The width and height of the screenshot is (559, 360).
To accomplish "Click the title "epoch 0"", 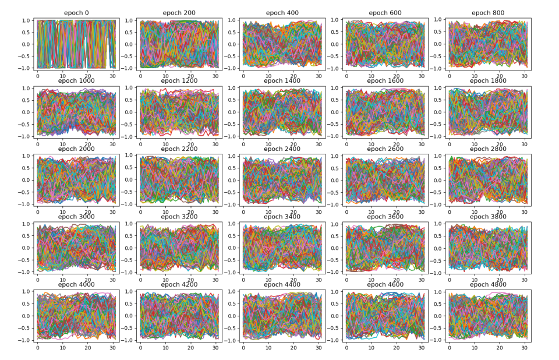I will point(77,13).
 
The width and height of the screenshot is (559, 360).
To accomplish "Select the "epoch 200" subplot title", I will point(179,13).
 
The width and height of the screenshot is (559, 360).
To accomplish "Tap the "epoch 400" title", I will point(282,13).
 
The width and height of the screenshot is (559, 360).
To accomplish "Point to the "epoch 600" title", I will point(385,13).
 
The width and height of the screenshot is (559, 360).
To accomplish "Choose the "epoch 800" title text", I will point(487,13).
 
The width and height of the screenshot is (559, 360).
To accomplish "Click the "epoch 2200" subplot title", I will point(179,149).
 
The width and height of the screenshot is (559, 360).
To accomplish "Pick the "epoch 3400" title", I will point(282,217).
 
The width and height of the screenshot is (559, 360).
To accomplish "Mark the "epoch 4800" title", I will point(487,285).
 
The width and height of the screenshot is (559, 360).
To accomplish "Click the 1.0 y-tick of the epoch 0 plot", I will point(27,20).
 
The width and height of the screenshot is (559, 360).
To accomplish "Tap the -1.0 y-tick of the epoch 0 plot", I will point(25,68).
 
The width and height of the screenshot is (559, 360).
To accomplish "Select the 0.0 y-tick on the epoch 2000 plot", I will point(27,180).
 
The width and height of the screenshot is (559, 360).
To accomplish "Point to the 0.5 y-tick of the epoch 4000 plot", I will point(27,304).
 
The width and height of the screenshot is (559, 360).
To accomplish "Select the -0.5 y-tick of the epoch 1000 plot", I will point(25,124).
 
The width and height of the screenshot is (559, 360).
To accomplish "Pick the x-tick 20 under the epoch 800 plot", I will point(499,76).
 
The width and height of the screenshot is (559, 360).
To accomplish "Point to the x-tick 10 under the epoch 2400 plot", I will point(268,212).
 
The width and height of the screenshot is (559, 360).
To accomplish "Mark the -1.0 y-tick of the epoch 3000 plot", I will point(25,272).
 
